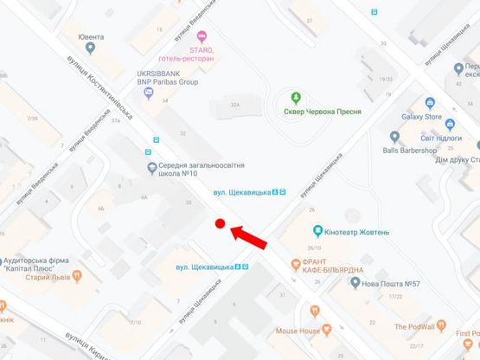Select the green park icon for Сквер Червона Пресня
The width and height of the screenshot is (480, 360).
tap(296, 96)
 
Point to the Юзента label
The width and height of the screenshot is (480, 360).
tap(90, 37)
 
